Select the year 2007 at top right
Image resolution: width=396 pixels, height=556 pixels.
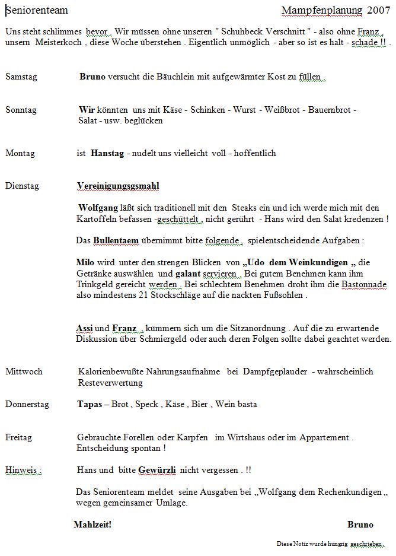379,10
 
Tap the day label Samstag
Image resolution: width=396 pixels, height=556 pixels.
21,77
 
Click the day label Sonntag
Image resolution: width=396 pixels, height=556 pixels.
21,110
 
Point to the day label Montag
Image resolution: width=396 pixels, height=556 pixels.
20,153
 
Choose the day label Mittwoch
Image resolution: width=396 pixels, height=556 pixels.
24,371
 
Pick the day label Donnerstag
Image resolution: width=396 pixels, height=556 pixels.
27,404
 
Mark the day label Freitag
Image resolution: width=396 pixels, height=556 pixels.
19,437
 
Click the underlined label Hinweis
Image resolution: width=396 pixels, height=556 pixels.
23,470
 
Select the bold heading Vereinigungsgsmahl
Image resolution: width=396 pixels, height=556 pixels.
118,186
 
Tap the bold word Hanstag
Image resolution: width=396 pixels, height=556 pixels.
107,153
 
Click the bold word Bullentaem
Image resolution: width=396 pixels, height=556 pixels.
116,240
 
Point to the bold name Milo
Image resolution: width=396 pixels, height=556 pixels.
85,262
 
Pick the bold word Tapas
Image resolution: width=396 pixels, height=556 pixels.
90,404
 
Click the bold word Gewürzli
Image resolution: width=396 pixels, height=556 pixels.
157,470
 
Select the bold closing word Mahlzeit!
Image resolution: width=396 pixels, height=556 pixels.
92,525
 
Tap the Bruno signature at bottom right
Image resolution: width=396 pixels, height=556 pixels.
360,525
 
